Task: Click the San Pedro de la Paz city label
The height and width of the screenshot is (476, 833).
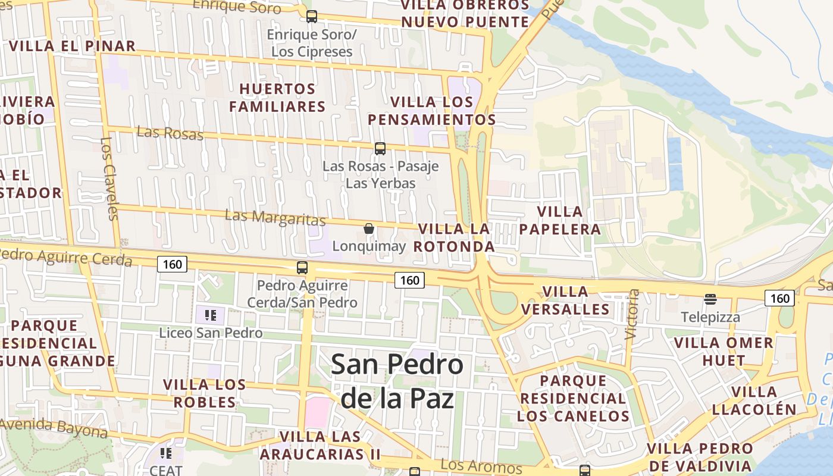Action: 397,381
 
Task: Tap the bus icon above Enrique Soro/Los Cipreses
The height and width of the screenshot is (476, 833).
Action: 311,17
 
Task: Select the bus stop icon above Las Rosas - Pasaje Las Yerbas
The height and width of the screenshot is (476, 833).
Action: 380,149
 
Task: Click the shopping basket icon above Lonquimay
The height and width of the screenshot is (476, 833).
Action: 369,228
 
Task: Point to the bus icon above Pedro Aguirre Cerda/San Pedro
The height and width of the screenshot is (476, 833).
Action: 302,268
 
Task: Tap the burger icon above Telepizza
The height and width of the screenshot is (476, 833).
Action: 710,299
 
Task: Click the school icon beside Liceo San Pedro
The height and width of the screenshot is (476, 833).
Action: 210,315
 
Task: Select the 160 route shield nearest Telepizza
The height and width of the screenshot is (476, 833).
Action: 779,298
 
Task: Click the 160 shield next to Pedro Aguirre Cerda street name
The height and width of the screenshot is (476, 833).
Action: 172,264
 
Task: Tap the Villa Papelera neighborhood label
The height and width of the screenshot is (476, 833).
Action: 560,220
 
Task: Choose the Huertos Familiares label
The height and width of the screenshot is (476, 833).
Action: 277,98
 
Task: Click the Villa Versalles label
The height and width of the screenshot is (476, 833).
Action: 565,300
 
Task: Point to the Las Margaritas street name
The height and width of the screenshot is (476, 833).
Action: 275,218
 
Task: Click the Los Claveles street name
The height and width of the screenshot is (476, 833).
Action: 109,178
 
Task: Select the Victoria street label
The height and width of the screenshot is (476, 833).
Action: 632,314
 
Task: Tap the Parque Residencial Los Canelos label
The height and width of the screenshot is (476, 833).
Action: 573,398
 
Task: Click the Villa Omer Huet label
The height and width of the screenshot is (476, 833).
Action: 724,351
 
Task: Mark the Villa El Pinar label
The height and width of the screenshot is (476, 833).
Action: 73,46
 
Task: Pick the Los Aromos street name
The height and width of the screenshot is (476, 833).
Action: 481,467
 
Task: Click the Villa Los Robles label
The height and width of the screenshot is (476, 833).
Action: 204,393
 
